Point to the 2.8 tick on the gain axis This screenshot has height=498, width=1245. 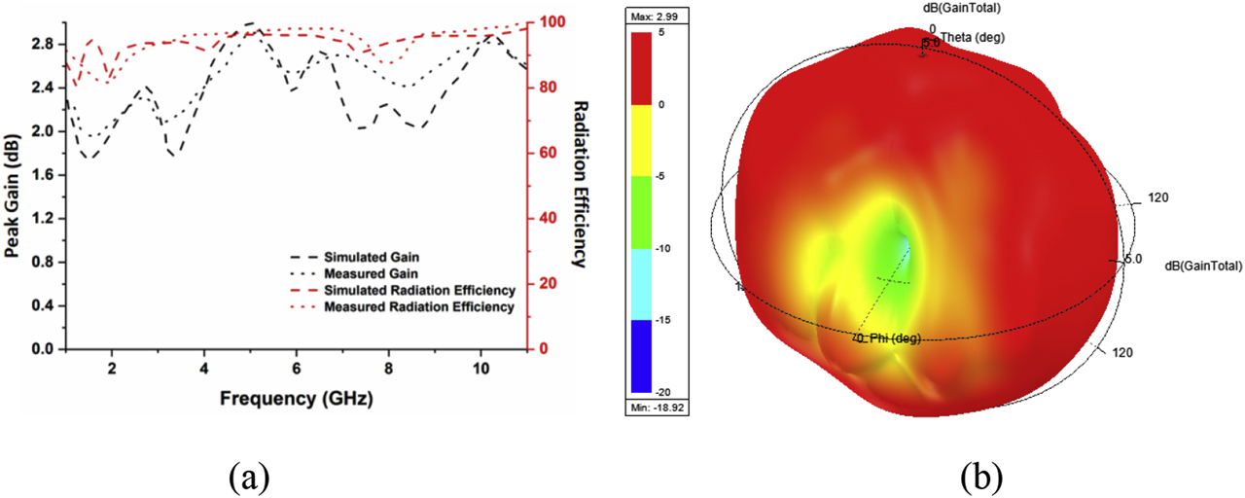(x=44, y=45)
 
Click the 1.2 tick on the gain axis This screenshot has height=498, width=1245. (x=44, y=219)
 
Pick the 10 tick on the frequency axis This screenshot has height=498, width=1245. (x=480, y=369)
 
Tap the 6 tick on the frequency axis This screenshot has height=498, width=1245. (x=297, y=369)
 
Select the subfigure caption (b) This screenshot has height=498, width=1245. (x=980, y=476)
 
